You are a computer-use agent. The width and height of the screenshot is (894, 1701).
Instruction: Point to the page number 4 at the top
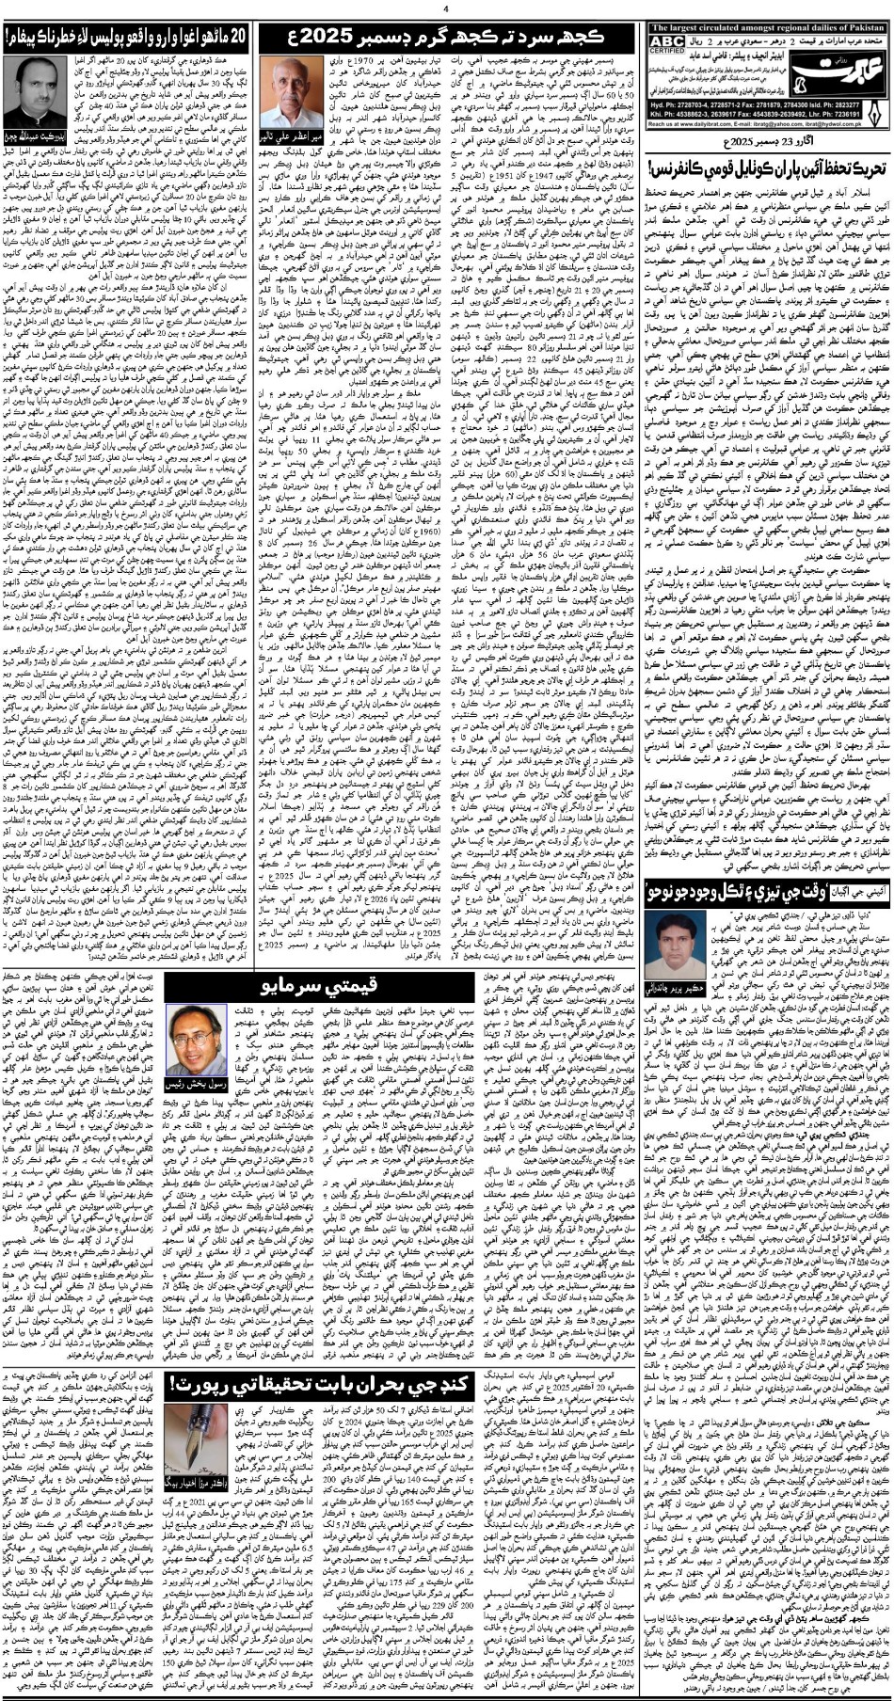pyautogui.click(x=446, y=9)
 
